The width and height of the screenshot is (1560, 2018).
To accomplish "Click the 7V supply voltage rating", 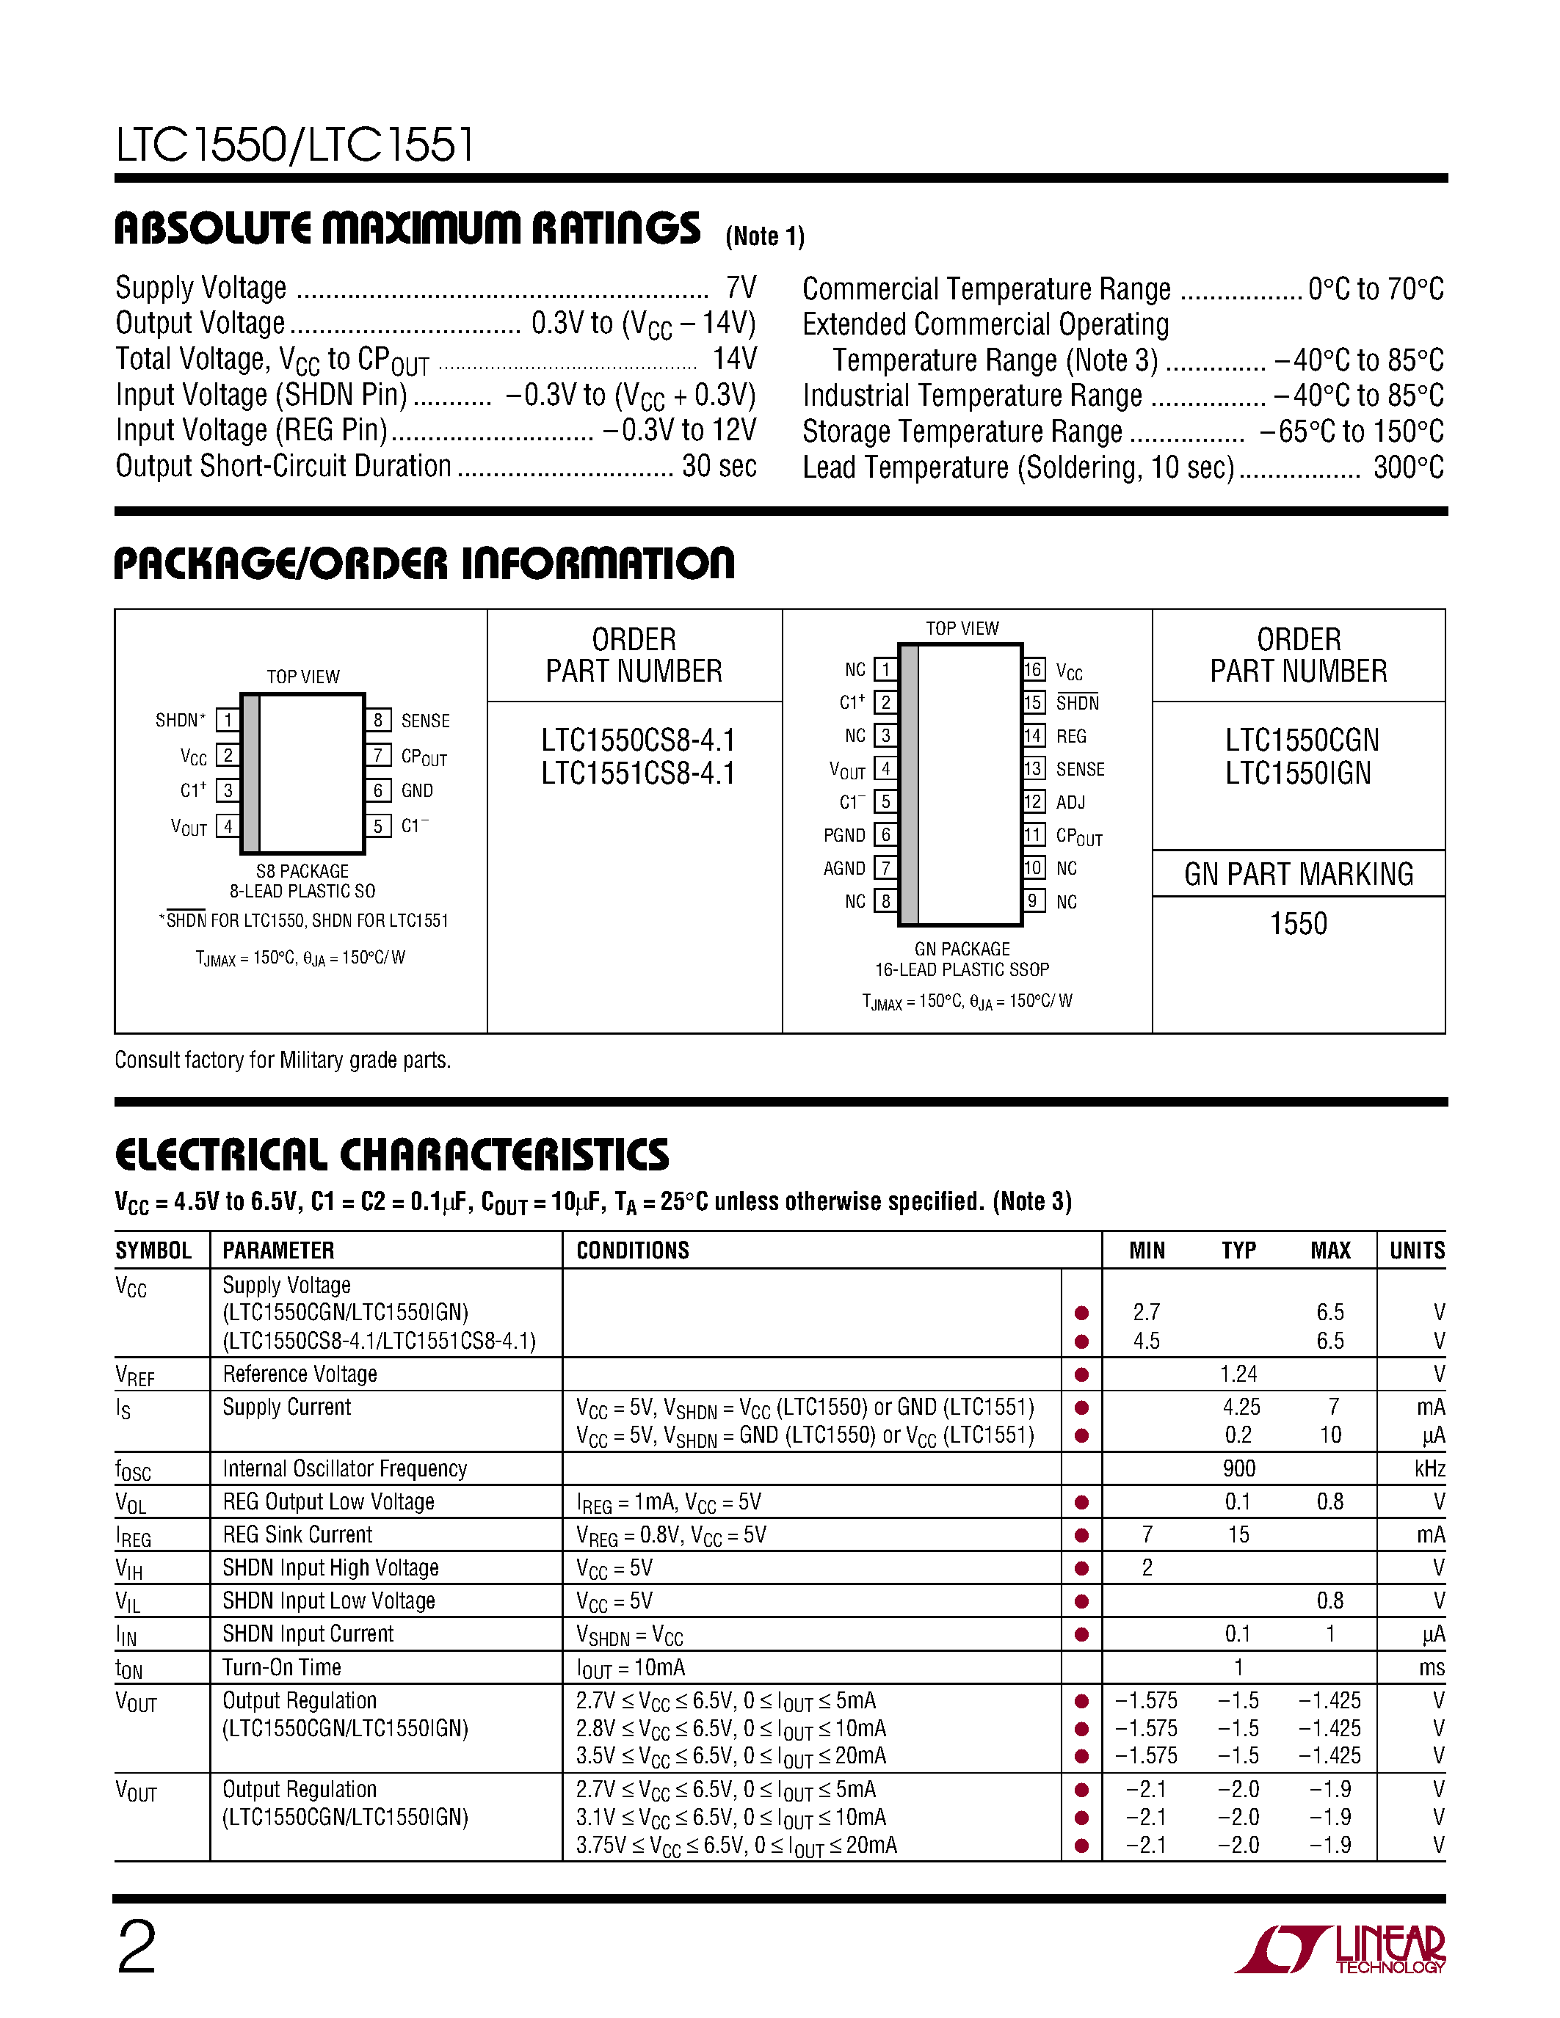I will click(741, 288).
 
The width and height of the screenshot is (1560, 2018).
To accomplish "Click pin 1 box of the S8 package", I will click(228, 720).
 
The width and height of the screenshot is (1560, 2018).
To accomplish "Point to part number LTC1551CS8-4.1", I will click(638, 773).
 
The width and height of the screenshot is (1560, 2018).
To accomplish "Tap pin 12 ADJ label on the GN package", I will click(1070, 802).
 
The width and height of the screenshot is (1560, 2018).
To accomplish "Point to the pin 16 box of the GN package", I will click(1033, 670).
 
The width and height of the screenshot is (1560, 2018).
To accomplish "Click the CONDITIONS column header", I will click(632, 1250).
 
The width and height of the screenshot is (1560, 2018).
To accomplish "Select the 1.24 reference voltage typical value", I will click(1238, 1374).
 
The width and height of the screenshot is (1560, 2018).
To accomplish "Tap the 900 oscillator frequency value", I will click(1238, 1468).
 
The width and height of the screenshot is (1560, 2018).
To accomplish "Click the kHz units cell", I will click(1428, 1468).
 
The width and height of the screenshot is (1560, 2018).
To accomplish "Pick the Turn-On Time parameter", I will click(282, 1668).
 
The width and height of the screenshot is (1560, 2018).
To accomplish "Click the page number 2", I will click(137, 1948).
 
